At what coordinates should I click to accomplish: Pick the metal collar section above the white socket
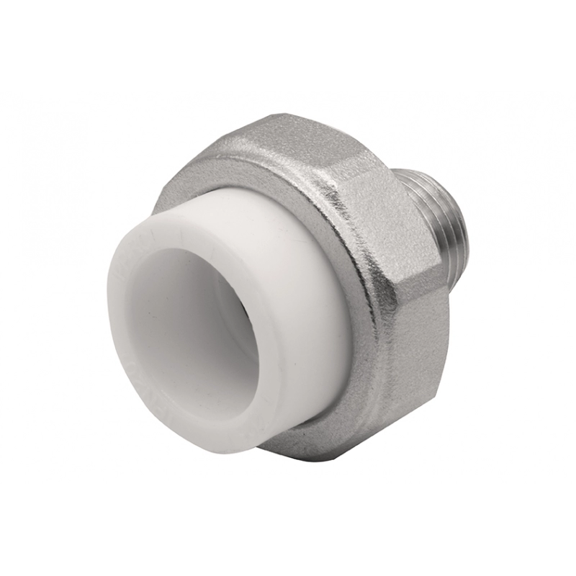click(238, 173)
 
